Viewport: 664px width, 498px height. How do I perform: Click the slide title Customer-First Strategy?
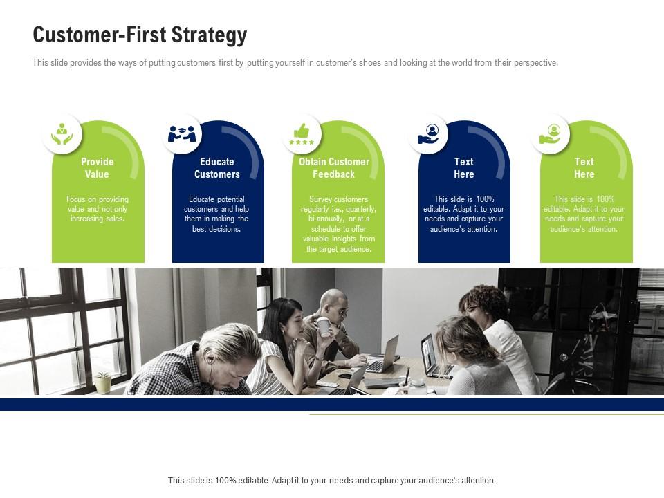point(140,35)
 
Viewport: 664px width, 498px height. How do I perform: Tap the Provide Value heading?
point(97,167)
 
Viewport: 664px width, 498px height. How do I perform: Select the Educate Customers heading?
point(216,167)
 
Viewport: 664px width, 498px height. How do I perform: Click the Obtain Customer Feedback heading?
point(333,167)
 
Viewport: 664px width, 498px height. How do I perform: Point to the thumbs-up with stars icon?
point(302,134)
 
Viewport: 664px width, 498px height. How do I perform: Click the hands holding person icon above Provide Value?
point(62,133)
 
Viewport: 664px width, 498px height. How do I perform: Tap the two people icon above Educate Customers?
point(182,133)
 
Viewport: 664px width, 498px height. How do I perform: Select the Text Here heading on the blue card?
point(463,167)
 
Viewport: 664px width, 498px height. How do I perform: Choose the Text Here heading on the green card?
point(584,167)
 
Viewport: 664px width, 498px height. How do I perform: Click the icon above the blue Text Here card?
point(428,133)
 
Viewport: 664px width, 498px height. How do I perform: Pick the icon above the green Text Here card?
point(550,133)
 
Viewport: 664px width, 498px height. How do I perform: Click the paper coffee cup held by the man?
point(324,327)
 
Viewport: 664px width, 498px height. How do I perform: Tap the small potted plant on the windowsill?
point(102,382)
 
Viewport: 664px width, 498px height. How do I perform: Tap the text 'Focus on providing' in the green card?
point(98,199)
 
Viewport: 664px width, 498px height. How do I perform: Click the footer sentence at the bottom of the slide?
point(331,481)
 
